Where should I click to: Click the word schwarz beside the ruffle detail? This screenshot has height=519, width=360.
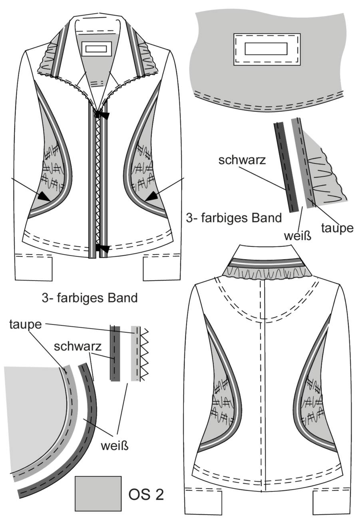click(x=242, y=160)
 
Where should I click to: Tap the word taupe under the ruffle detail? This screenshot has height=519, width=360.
click(x=337, y=228)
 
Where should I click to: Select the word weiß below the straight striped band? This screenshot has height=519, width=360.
click(x=298, y=236)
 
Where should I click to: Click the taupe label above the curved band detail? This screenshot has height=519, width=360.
click(x=26, y=325)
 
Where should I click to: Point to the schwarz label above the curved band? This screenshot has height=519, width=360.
click(x=78, y=347)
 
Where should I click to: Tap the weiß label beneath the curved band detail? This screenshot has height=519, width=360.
click(x=115, y=446)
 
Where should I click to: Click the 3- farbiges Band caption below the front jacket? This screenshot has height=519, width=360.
click(x=90, y=298)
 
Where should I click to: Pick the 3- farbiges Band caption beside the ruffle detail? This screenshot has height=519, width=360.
click(x=234, y=218)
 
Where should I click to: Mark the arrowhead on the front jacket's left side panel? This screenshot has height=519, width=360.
click(x=44, y=196)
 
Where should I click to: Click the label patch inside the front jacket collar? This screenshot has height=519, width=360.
click(x=96, y=49)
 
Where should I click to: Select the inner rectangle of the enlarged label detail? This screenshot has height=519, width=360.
click(x=266, y=49)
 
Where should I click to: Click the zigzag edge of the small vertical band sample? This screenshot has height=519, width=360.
click(x=144, y=354)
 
